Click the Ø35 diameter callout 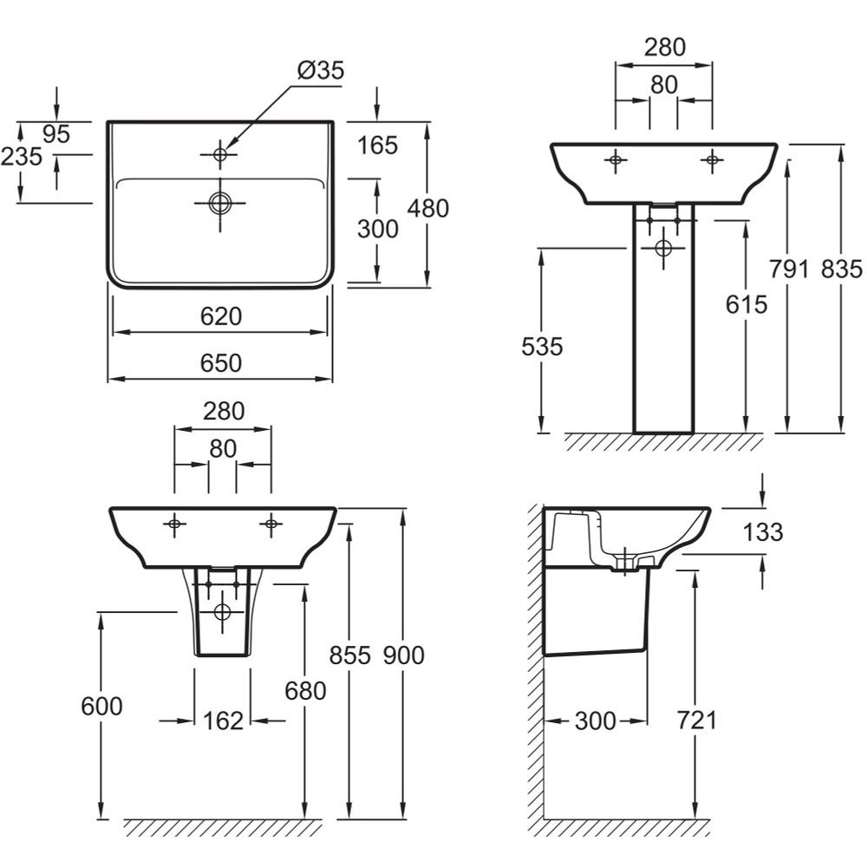(321, 70)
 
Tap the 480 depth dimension (428, 208)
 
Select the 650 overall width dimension (221, 363)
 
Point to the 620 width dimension (221, 316)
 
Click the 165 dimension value (378, 146)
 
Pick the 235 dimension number (22, 156)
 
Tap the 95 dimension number (55, 134)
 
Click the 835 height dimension (842, 270)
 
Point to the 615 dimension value (746, 304)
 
